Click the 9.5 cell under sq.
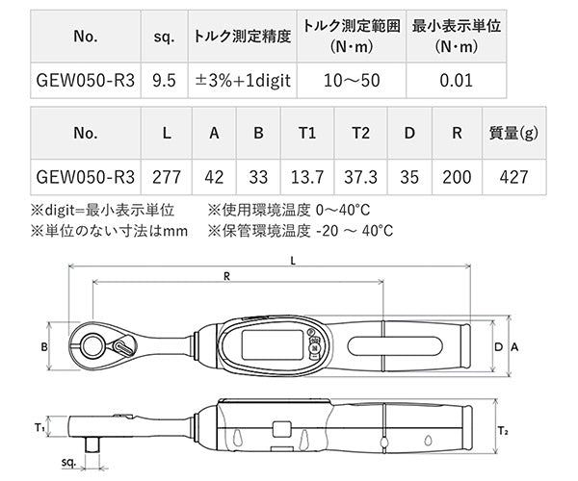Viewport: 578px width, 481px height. (x=163, y=80)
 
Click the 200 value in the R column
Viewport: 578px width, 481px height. (x=458, y=177)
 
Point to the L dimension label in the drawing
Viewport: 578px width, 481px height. (x=292, y=260)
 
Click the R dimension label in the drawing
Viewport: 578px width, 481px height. (x=226, y=276)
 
